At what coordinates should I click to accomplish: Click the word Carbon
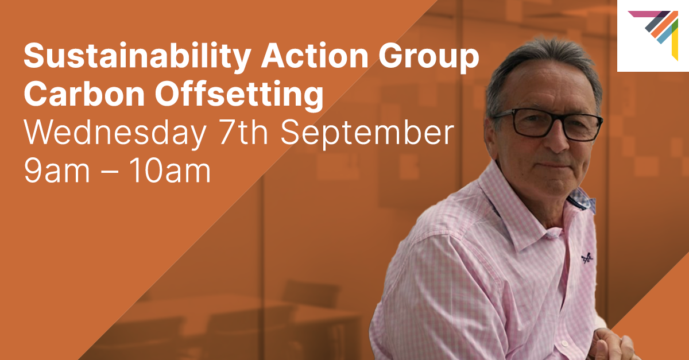84,93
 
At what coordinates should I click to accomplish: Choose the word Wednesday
115,133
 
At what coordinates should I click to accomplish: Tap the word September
367,133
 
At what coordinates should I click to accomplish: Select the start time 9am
57,171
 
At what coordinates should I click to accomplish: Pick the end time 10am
170,171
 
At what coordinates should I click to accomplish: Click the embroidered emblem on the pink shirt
587,258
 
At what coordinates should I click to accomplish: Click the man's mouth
555,165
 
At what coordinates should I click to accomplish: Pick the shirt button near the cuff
564,343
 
